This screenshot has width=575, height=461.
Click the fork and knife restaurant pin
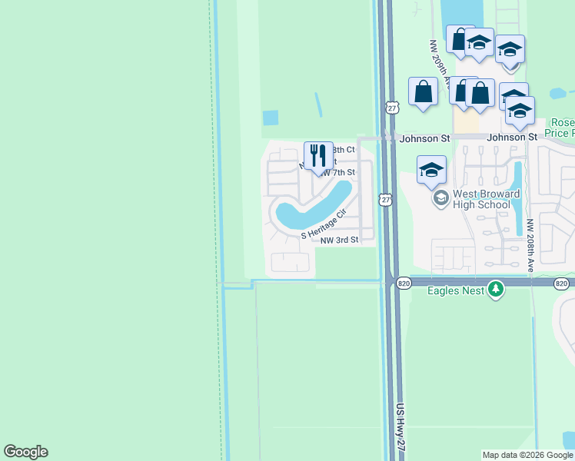click(x=318, y=156)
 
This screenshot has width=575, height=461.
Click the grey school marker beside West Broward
click(x=440, y=199)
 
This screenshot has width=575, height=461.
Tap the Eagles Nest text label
click(x=456, y=290)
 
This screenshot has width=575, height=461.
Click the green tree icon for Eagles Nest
click(x=497, y=290)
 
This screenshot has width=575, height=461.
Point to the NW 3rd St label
click(x=339, y=240)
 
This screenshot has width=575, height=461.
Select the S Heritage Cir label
click(x=324, y=224)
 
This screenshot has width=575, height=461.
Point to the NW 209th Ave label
click(x=439, y=63)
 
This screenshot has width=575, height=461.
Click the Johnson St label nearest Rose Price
click(x=511, y=138)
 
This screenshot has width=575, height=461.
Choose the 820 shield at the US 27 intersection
click(x=404, y=284)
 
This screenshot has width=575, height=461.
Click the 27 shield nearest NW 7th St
click(x=386, y=200)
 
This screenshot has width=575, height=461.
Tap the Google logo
click(x=25, y=452)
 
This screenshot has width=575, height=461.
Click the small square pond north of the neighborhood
click(x=270, y=118)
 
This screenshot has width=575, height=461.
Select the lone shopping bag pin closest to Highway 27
click(x=423, y=92)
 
